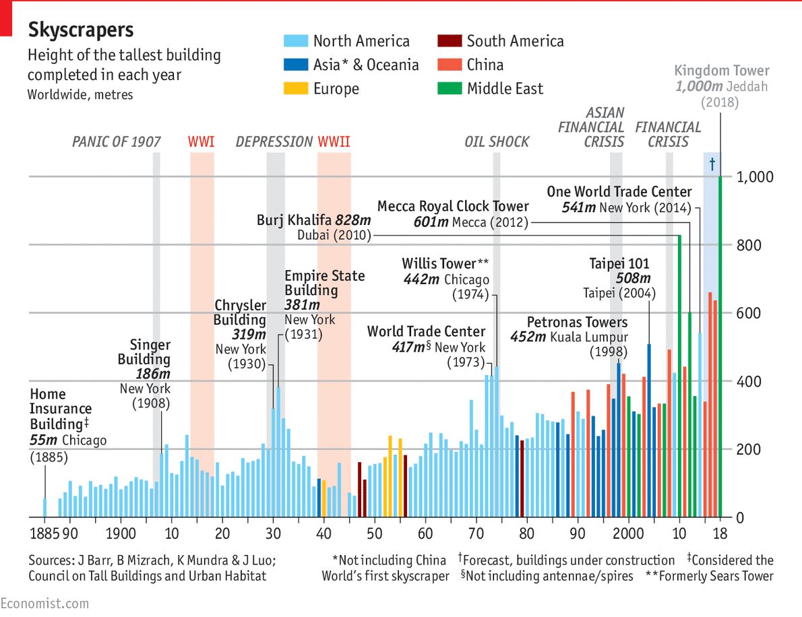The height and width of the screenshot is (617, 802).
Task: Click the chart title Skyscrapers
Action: (x=80, y=30)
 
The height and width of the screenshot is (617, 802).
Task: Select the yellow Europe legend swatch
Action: (x=295, y=88)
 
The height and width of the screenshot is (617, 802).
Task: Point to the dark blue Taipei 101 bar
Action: (x=649, y=430)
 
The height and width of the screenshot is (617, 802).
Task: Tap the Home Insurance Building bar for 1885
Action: (x=45, y=507)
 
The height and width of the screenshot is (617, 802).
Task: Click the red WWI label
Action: (x=202, y=142)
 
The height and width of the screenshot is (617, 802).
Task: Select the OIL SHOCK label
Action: (x=497, y=142)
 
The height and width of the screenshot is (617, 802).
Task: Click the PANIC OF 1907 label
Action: (x=117, y=142)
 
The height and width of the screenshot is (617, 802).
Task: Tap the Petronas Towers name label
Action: (x=577, y=322)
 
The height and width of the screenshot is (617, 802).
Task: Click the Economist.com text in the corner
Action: (x=44, y=603)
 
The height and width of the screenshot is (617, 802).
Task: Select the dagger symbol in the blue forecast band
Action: (x=712, y=164)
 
